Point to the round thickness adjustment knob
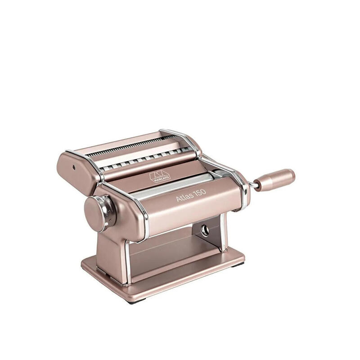pos(95,211)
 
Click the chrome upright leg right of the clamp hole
pos(222,234)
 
